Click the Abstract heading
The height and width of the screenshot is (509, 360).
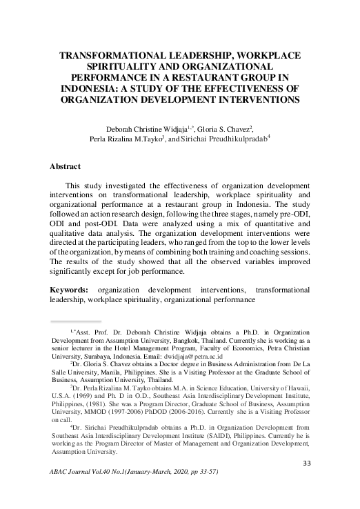(66, 167)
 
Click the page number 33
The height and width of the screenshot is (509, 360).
(309, 481)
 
